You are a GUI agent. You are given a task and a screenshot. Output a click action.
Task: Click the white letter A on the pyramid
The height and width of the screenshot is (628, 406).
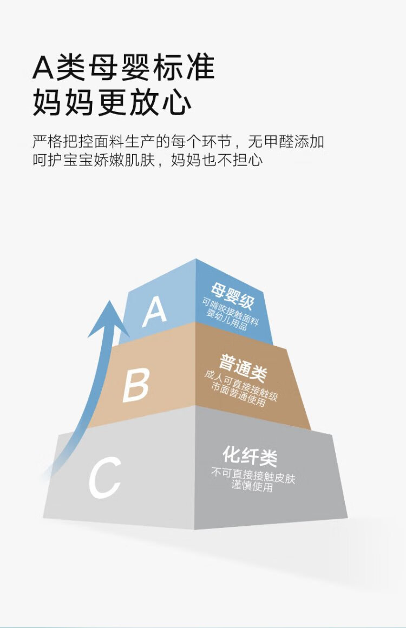click(x=154, y=311)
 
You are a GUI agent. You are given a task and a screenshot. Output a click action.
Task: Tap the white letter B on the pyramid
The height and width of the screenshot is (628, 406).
click(x=136, y=385)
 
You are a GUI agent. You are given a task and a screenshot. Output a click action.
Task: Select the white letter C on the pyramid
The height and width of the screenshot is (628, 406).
click(x=105, y=478)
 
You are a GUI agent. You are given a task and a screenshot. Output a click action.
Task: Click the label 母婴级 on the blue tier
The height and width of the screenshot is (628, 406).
click(x=233, y=296)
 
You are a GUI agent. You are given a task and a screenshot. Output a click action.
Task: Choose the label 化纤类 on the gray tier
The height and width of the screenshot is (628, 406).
click(x=250, y=456)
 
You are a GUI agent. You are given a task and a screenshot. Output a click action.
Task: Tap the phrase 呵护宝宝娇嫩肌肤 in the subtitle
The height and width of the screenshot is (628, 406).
click(x=94, y=160)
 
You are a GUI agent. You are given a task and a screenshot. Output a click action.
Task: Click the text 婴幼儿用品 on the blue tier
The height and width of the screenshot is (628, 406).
click(x=226, y=321)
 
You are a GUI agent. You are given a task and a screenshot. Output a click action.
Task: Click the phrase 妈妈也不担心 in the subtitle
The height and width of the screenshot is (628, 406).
click(x=217, y=160)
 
